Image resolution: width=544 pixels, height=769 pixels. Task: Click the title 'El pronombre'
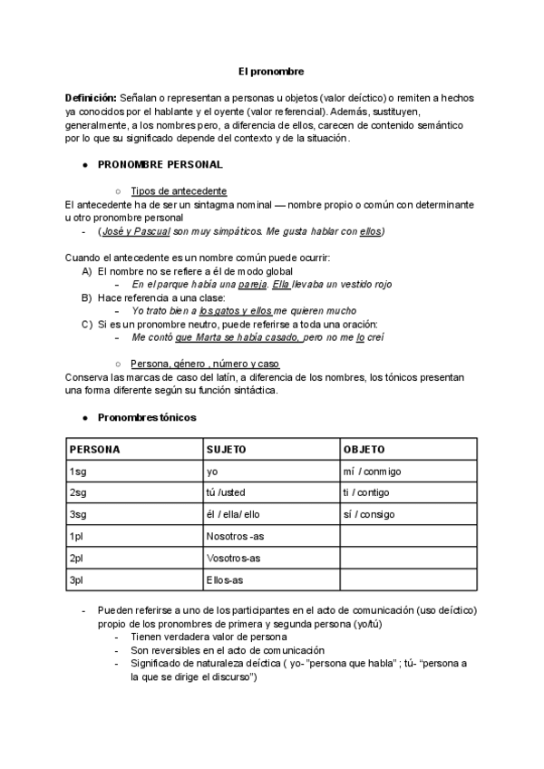[x=271, y=70]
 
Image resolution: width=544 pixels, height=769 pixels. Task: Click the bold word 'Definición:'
[x=91, y=97]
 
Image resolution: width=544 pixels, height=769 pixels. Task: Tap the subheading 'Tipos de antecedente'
[x=179, y=191]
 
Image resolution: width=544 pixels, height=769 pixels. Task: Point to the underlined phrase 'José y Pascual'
[x=135, y=232]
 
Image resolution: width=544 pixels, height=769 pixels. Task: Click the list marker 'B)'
[x=87, y=297]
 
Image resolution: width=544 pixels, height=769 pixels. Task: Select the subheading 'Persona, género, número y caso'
[x=205, y=365]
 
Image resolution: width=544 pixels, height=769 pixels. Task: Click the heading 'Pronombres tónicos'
[x=146, y=417]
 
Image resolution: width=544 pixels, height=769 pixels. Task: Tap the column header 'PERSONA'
[x=95, y=449]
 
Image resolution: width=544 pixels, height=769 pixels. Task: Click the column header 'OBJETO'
[x=364, y=449]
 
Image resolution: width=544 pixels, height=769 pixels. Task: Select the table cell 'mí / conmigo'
[x=372, y=472]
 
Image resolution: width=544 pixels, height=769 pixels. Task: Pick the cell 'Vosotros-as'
[x=234, y=558]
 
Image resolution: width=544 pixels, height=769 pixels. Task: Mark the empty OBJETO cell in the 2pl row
[x=406, y=558]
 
